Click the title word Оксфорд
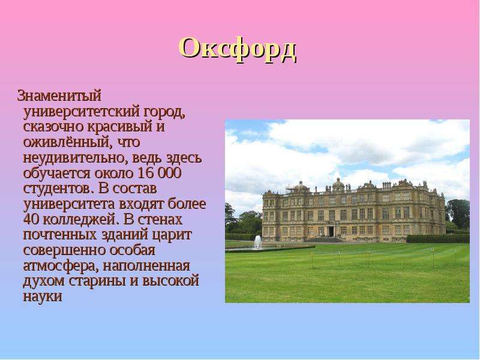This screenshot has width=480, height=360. point(238,49)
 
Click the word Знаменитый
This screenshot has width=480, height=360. point(59,95)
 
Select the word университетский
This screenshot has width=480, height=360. point(82,112)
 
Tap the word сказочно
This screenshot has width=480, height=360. point(53,127)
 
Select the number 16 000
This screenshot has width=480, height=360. point(160,173)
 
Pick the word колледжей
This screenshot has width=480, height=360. point(79,220)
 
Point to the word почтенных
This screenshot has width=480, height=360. point(59,235)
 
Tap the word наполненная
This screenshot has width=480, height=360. point(146,266)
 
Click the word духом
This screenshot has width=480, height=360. point(44,281)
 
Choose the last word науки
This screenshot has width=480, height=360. point(43,296)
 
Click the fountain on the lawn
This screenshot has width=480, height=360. point(258,242)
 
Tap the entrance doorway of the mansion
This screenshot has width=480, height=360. point(331,231)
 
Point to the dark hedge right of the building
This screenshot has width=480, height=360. point(438,238)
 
